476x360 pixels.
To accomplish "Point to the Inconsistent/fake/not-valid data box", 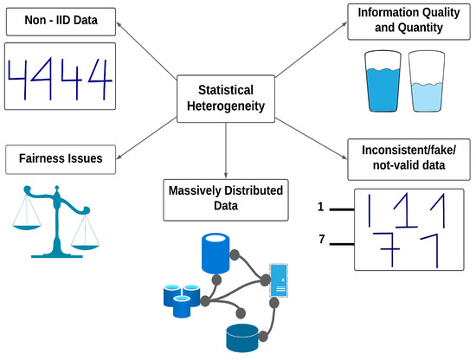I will click(x=406, y=158).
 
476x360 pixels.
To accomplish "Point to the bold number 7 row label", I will click(x=322, y=239).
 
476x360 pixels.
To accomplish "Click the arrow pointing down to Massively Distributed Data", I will click(x=226, y=151).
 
